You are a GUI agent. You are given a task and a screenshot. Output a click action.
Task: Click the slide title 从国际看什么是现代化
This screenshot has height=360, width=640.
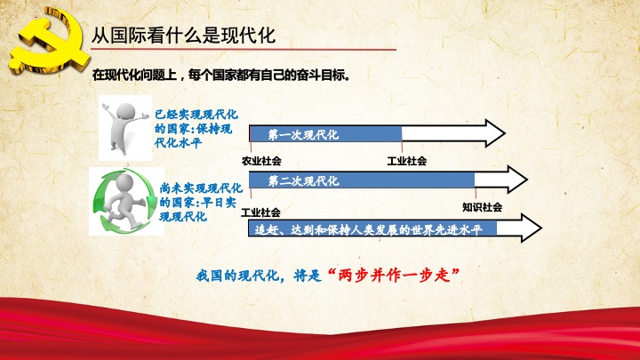pos(183,35)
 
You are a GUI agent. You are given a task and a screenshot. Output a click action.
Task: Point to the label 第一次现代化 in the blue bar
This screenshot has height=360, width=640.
pos(303,135)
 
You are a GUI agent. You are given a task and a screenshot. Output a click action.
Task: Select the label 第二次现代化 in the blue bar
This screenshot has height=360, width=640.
pos(303,180)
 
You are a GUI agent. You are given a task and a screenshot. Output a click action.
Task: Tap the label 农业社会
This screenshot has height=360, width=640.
pos(261,161)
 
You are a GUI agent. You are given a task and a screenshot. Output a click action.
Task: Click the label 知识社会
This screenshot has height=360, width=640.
pos(482,207)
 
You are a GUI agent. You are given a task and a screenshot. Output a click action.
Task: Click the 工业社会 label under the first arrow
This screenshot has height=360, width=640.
pos(407,161)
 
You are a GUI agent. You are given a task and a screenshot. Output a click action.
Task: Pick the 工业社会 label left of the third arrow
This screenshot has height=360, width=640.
pos(260,212)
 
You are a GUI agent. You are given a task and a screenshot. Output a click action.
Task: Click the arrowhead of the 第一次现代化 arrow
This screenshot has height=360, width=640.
pos(495,133)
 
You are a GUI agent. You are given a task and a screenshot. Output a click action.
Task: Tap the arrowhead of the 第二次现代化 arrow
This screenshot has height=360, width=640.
pos(517,180)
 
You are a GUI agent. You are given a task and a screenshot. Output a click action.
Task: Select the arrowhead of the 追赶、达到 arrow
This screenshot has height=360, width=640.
pos(531,228)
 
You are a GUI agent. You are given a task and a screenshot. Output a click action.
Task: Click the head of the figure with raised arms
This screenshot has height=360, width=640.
pos(125,111)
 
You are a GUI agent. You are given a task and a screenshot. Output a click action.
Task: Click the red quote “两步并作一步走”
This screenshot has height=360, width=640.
pos(394,275)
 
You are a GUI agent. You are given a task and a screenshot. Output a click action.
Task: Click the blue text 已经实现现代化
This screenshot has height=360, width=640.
pos(196,115)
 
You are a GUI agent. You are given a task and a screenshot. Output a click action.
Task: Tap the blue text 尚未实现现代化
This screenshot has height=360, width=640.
pos(201,188)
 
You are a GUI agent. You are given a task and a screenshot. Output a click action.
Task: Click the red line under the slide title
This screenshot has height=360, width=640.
pos(244,50)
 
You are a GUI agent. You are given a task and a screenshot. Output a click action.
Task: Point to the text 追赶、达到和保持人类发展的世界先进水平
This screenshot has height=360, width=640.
pos(369,230)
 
